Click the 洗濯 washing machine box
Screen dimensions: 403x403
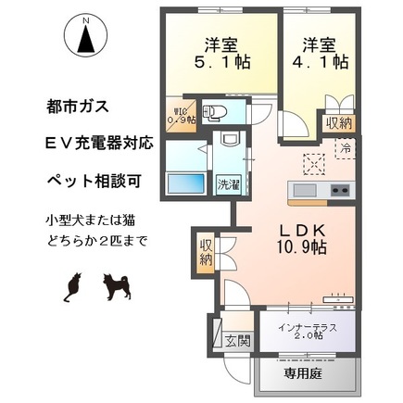[226, 183]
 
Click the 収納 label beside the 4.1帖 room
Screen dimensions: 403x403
[337, 122]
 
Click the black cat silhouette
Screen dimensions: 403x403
[72, 287]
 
